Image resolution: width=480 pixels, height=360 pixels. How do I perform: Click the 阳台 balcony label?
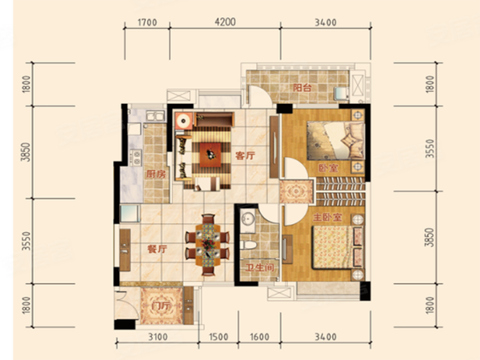tap(302, 88)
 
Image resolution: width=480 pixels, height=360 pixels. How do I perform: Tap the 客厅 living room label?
tap(245, 156)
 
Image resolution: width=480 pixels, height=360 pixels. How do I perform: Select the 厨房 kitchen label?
tap(156, 174)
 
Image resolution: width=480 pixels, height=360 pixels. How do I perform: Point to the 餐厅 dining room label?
tap(157, 249)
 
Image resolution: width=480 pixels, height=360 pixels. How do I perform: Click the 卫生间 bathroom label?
tap(259, 268)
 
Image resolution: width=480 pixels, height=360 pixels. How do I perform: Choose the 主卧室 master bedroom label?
tap(327, 218)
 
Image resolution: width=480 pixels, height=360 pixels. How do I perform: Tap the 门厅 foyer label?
tap(162, 306)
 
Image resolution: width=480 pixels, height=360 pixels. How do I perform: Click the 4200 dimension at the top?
tap(226, 22)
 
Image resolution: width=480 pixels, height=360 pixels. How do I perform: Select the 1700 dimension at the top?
tap(147, 22)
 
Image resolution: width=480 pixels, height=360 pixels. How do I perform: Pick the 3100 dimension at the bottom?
tap(158, 337)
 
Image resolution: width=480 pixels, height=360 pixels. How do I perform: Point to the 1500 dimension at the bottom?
tap(218, 337)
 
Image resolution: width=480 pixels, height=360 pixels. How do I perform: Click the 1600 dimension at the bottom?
tap(259, 337)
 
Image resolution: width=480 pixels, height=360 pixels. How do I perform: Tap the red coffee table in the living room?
tap(210, 155)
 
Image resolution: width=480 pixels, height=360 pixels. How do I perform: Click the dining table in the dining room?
tap(208, 245)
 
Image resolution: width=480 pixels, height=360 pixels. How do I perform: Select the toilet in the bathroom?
tap(248, 245)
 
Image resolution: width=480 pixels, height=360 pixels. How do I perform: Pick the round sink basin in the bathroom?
tap(247, 218)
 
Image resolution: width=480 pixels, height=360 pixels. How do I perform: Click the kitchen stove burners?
tap(136, 158)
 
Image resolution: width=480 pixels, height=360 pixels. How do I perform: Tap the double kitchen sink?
tap(155, 116)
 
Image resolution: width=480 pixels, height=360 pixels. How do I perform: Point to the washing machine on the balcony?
tap(341, 94)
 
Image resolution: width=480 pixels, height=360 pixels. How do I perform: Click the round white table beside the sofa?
tap(184, 121)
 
